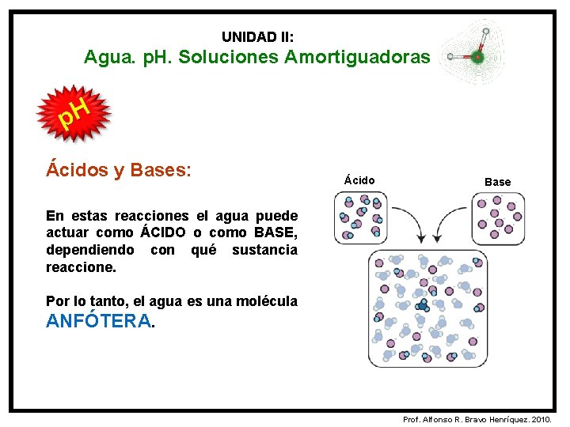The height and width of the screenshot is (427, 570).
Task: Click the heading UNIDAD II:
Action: (258, 37)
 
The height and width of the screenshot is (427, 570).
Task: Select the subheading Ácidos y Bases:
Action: (119, 169)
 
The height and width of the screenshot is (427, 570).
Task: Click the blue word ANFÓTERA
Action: (98, 321)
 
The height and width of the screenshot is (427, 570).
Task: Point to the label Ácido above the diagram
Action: (359, 181)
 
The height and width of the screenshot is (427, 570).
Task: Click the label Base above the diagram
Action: (497, 182)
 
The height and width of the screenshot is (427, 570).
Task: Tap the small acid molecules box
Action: (362, 217)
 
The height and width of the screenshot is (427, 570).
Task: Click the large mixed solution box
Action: (428, 308)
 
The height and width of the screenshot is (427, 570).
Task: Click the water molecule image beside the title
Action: (472, 49)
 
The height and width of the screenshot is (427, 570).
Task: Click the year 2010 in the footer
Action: (545, 418)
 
